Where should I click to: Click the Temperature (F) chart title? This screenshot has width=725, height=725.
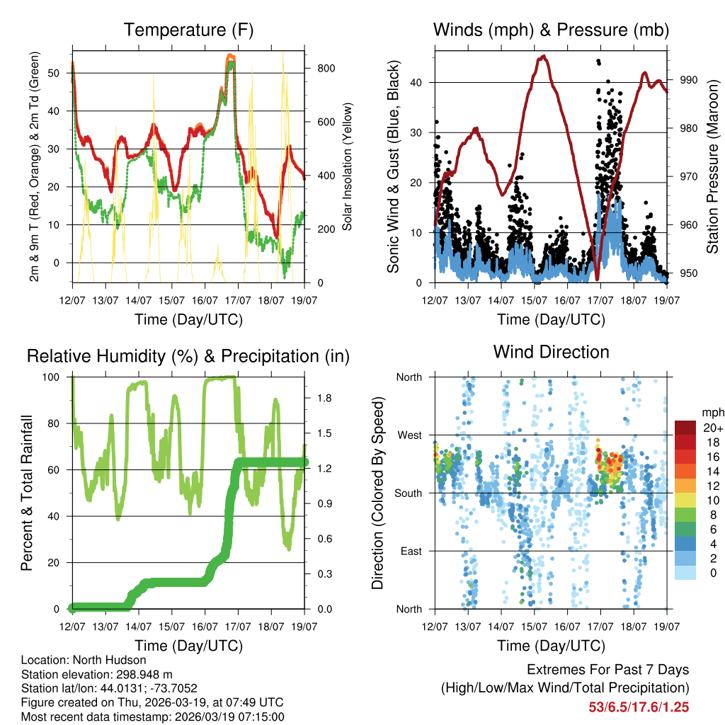pyautogui.click(x=188, y=30)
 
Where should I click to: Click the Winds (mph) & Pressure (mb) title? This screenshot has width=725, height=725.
pyautogui.click(x=551, y=30)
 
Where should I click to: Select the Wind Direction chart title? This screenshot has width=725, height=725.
pyautogui.click(x=551, y=352)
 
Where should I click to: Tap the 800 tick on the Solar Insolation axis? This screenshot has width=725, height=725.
pyautogui.click(x=321, y=69)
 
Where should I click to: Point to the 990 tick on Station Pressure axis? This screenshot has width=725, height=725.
pyautogui.click(x=689, y=80)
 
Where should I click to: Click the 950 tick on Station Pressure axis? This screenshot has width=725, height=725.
pyautogui.click(x=689, y=273)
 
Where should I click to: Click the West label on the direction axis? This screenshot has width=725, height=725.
pyautogui.click(x=409, y=435)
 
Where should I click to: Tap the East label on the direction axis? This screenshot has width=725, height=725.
pyautogui.click(x=410, y=551)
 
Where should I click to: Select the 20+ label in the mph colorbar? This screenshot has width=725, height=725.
pyautogui.click(x=712, y=428)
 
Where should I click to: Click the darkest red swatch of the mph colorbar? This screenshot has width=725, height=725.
pyautogui.click(x=685, y=428)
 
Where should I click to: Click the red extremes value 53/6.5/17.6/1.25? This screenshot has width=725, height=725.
pyautogui.click(x=639, y=707)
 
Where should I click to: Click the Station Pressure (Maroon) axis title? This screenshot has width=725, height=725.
pyautogui.click(x=713, y=165)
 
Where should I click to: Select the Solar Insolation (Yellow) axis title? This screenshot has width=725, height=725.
pyautogui.click(x=348, y=165)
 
